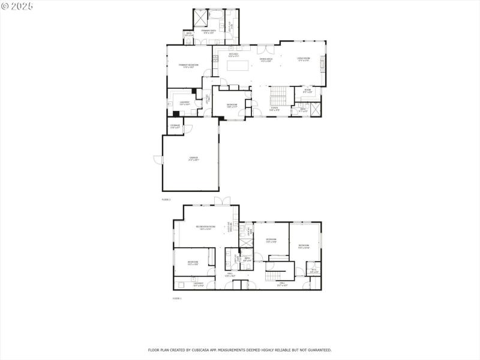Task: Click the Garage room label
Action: tap(193, 158)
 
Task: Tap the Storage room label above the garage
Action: tap(175, 126)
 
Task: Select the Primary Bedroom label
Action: tap(190, 65)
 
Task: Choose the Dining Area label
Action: tap(266, 59)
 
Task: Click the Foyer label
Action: tap(274, 109)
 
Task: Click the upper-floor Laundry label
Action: tap(184, 103)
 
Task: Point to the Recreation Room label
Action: tap(205, 227)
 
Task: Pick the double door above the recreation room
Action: tap(223, 200)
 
